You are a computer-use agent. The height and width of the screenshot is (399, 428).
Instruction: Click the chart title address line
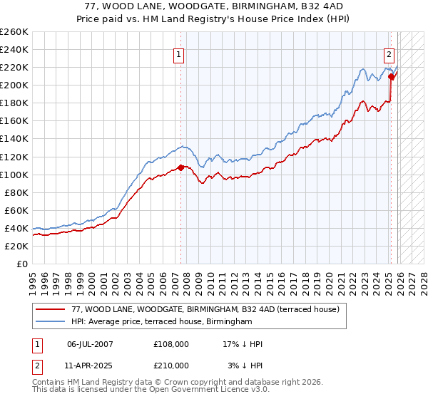coord(213,6)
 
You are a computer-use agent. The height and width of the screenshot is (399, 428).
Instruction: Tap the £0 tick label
coord(21,264)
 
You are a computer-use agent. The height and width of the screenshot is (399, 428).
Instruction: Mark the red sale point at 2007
coord(180,167)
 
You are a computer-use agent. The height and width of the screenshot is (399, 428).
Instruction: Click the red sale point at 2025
coord(391,77)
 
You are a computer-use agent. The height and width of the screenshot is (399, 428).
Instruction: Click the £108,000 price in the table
coord(171,344)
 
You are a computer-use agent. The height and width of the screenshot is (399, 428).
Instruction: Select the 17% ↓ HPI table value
coord(243,344)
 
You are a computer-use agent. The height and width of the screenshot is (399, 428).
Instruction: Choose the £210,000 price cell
coord(171,365)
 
